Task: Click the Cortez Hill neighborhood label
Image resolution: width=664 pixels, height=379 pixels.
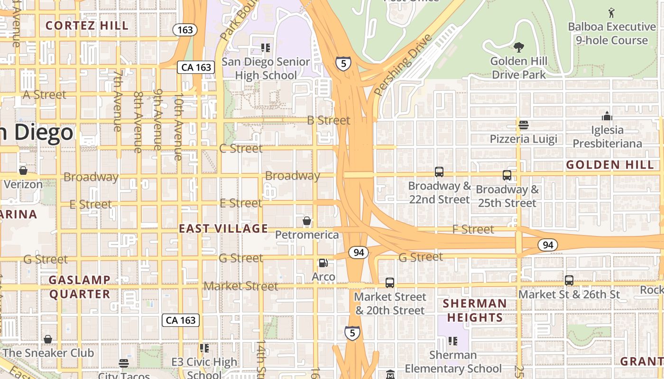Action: pyautogui.click(x=87, y=26)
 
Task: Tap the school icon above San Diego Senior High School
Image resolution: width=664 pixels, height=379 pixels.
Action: pyautogui.click(x=266, y=48)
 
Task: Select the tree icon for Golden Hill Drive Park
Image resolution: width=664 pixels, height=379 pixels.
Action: pyautogui.click(x=519, y=47)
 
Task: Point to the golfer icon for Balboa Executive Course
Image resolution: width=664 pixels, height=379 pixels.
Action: pyautogui.click(x=611, y=12)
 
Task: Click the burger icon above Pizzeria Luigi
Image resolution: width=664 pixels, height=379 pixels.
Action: pyautogui.click(x=524, y=125)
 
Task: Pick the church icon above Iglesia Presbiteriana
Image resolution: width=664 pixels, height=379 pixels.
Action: pyautogui.click(x=607, y=116)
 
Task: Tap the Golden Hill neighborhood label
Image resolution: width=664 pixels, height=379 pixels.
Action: pyautogui.click(x=610, y=165)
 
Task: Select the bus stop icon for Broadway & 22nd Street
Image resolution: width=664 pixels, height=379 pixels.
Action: pyautogui.click(x=439, y=172)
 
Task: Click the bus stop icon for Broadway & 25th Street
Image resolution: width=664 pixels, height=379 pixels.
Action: pyautogui.click(x=507, y=175)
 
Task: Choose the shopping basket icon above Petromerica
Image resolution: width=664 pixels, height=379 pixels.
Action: pyautogui.click(x=307, y=221)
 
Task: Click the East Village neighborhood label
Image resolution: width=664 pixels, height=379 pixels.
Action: pyautogui.click(x=223, y=228)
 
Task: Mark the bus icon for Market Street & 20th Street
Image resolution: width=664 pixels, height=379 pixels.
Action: pyautogui.click(x=390, y=283)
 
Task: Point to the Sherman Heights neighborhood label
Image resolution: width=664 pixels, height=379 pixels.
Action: pyautogui.click(x=474, y=310)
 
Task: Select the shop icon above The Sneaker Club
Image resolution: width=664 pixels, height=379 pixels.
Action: pyautogui.click(x=48, y=339)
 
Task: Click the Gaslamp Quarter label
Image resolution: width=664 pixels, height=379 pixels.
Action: pyautogui.click(x=80, y=287)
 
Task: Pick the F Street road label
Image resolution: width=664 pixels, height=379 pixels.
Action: pyautogui.click(x=473, y=229)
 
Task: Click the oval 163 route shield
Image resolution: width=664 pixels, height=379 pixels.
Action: pyautogui.click(x=185, y=30)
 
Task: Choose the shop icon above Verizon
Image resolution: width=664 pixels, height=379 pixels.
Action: pyautogui.click(x=23, y=171)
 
